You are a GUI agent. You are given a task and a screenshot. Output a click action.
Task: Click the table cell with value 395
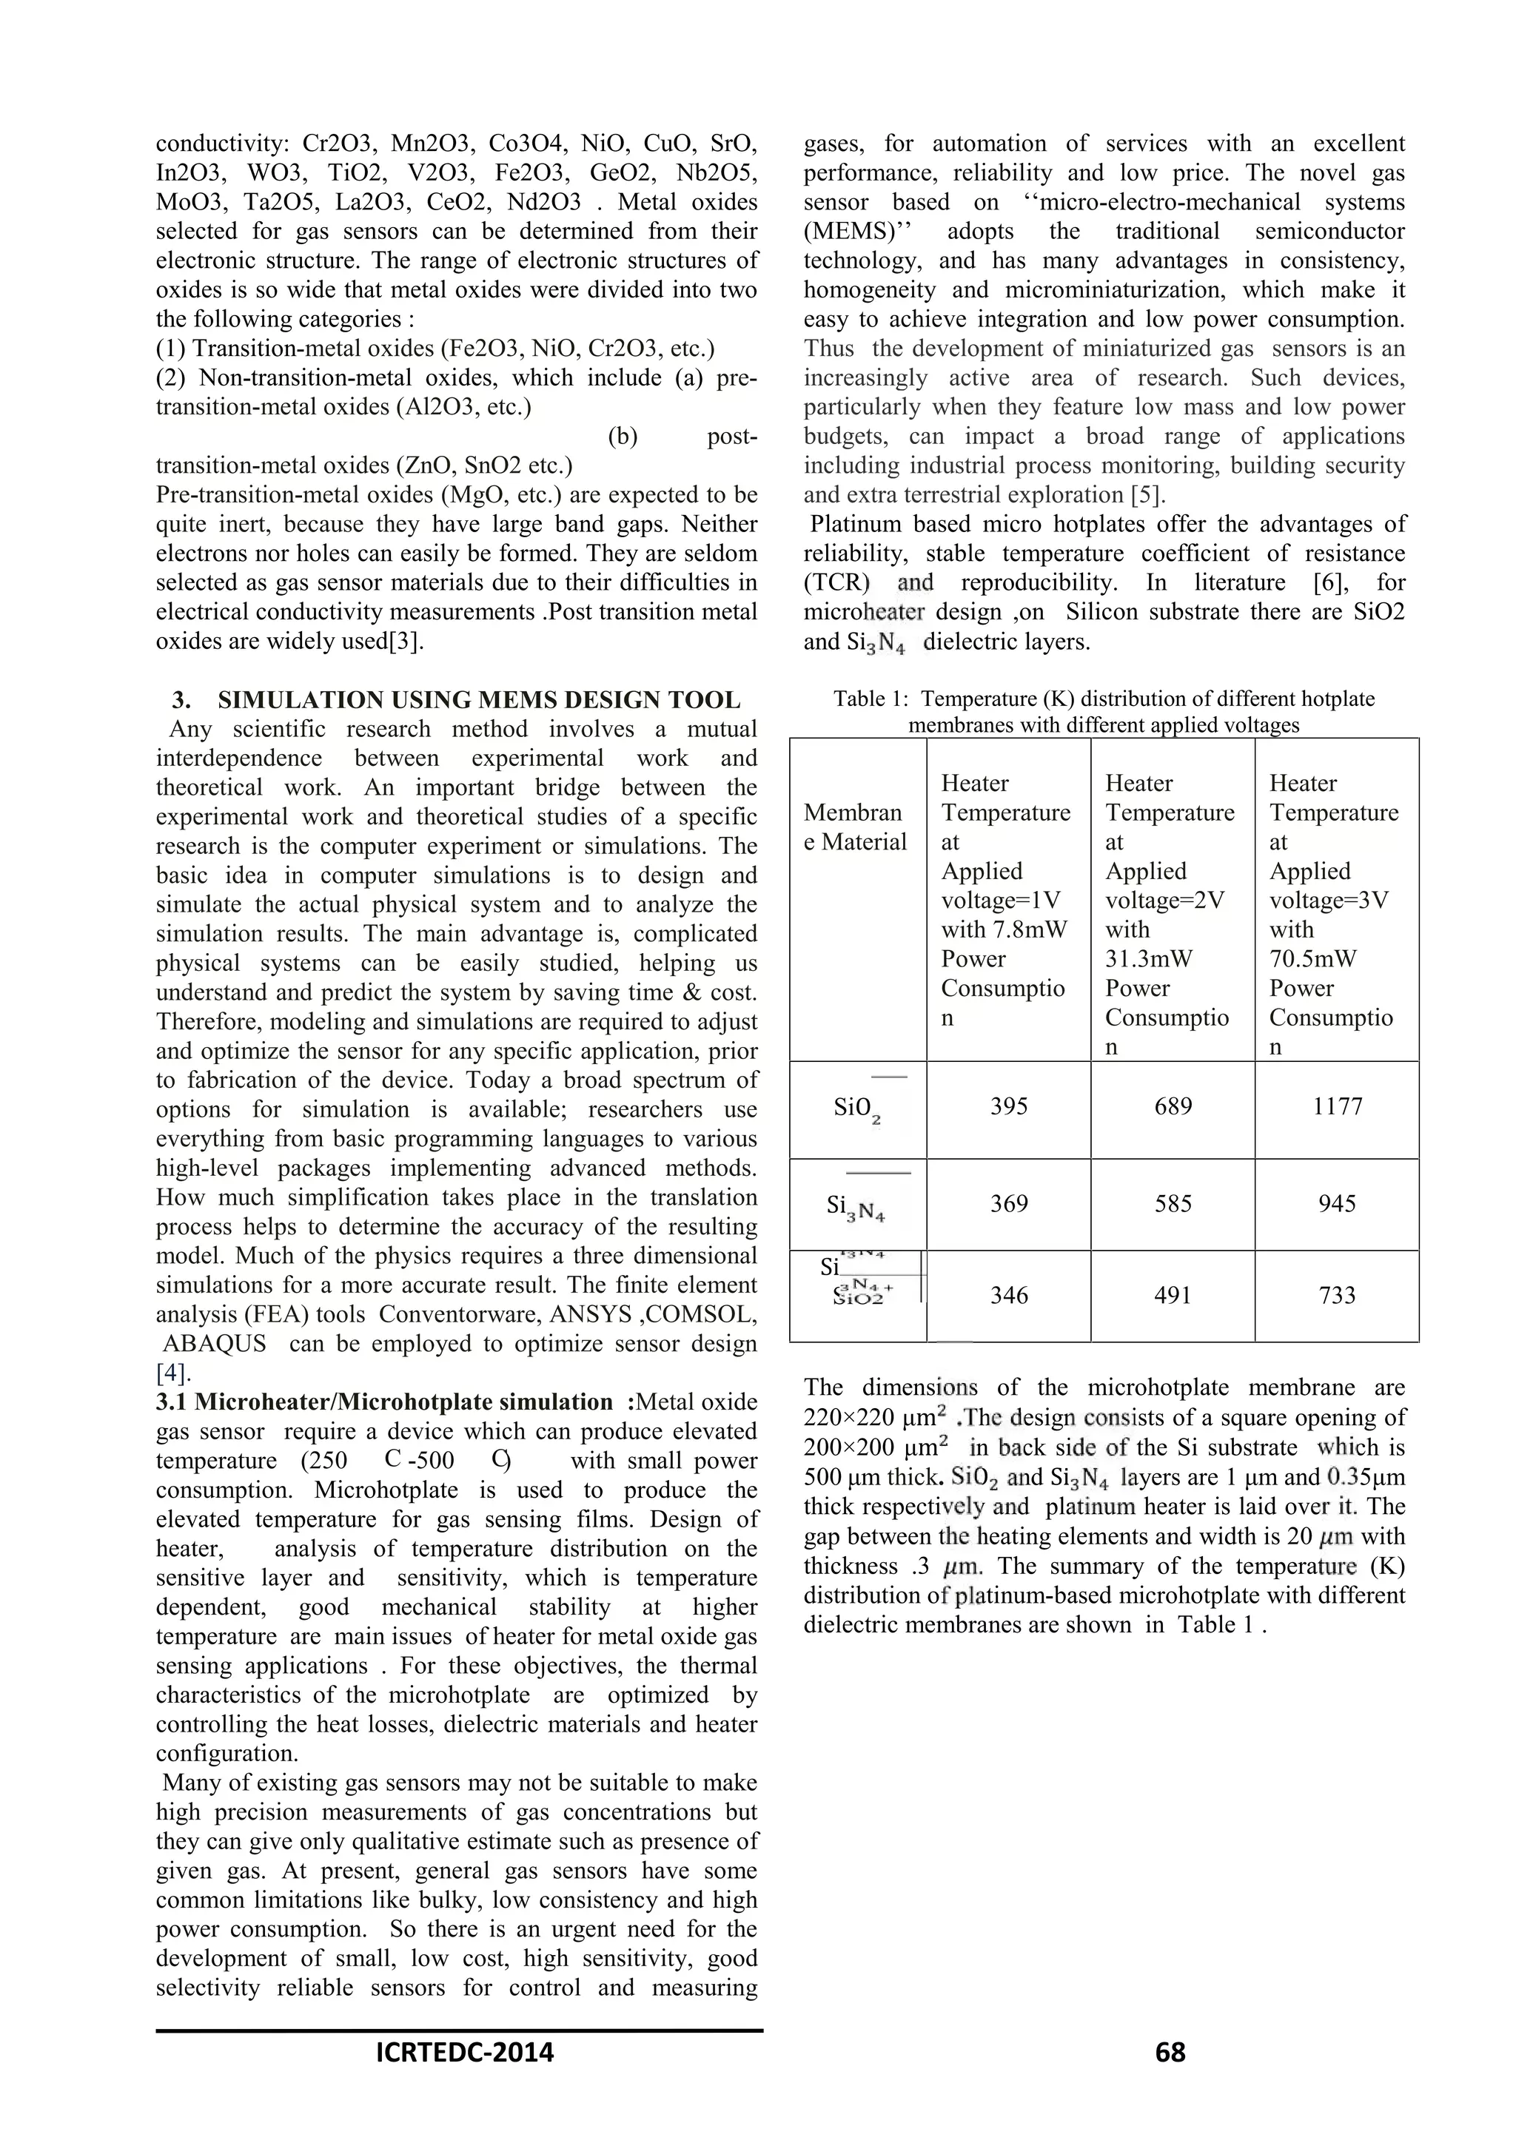(x=1008, y=1107)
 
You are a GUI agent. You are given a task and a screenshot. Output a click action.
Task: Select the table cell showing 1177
(x=1337, y=1107)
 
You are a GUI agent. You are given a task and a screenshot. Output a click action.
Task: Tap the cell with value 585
(x=1173, y=1204)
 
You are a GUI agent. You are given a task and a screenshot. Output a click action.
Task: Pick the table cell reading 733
(x=1337, y=1296)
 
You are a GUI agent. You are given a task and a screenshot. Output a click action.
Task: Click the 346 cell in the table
(x=1008, y=1296)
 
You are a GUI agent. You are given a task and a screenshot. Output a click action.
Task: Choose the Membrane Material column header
(x=855, y=828)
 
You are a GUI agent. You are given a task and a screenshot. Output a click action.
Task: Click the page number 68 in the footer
(x=1170, y=2079)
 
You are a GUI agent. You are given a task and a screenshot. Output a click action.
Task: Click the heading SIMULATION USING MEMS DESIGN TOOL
(x=478, y=700)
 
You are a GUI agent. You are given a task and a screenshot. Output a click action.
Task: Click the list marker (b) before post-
(x=623, y=437)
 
